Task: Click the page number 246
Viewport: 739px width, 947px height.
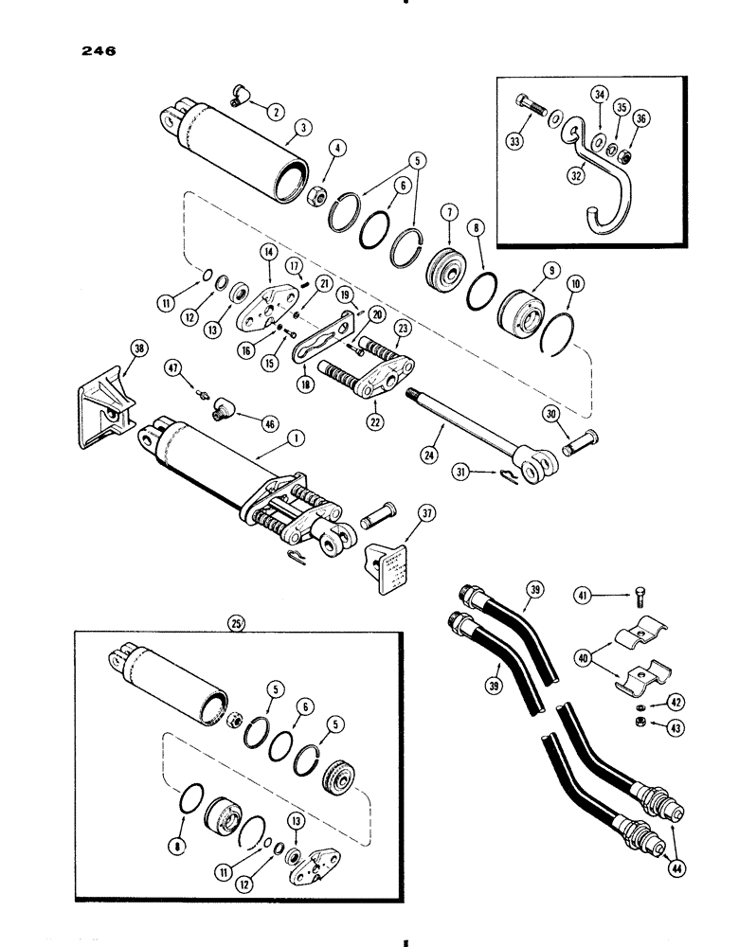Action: [98, 54]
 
